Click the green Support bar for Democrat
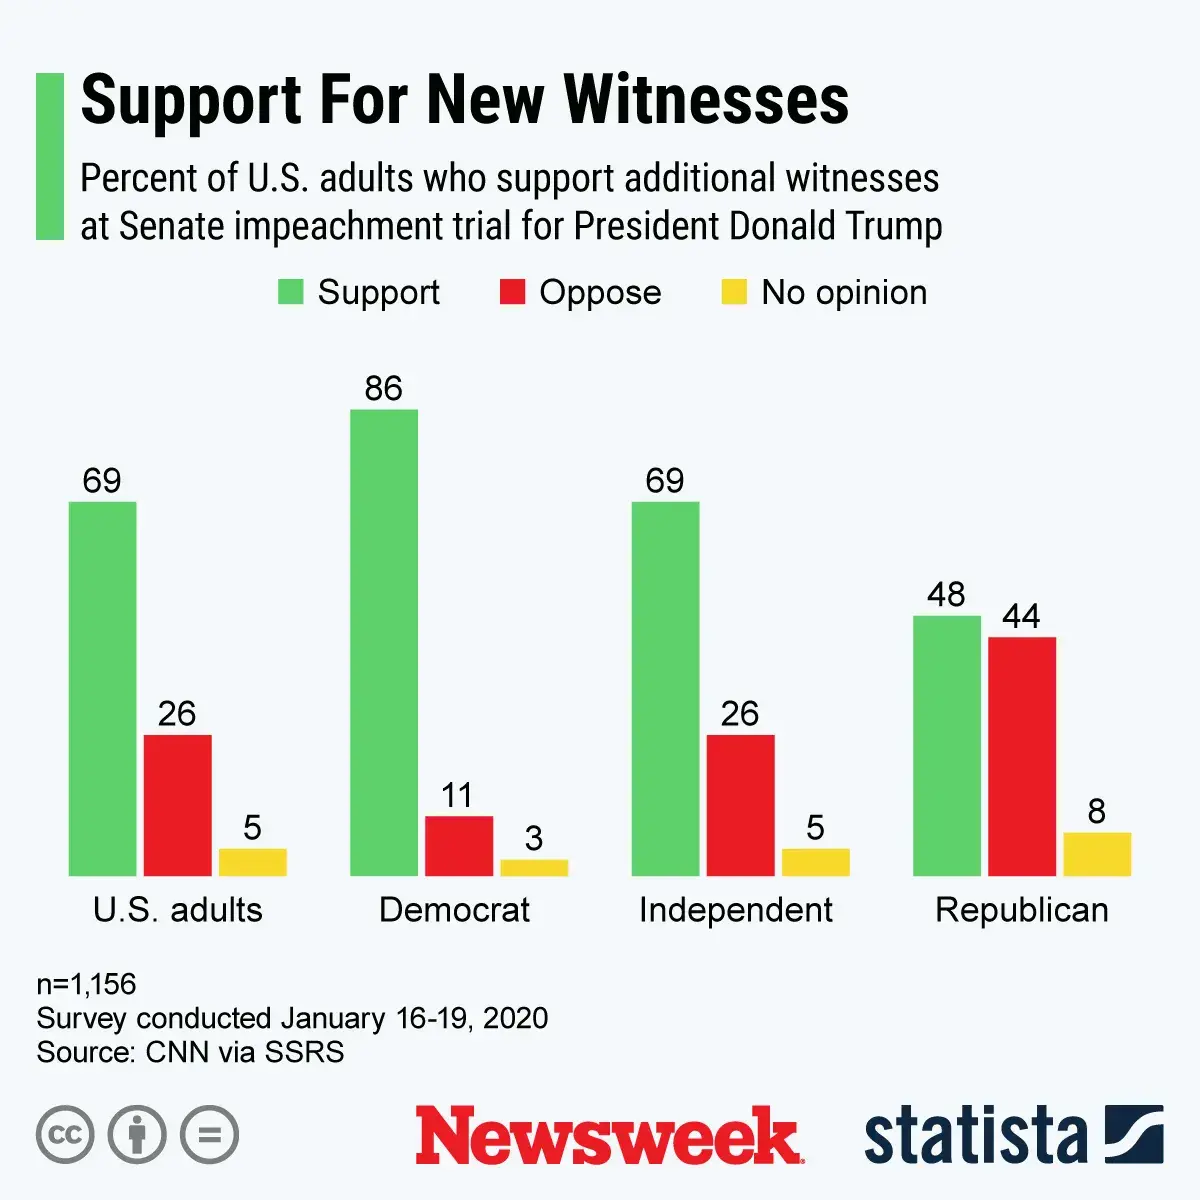point(384,642)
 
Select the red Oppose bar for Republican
point(1022,756)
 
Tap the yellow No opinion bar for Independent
point(815,862)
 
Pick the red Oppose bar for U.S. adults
point(177,805)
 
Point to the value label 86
point(383,388)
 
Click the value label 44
point(1021,616)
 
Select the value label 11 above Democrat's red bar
point(457,796)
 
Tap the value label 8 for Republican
point(1097,811)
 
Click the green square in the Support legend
point(290,292)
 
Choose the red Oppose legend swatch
point(512,292)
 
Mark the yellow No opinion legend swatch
point(734,292)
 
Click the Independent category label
point(736,910)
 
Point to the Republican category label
point(1022,910)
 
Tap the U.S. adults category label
point(178,910)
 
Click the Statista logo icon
point(1133,1134)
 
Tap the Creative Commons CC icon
point(65,1135)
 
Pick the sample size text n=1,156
point(86,984)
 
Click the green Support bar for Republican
point(947,746)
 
